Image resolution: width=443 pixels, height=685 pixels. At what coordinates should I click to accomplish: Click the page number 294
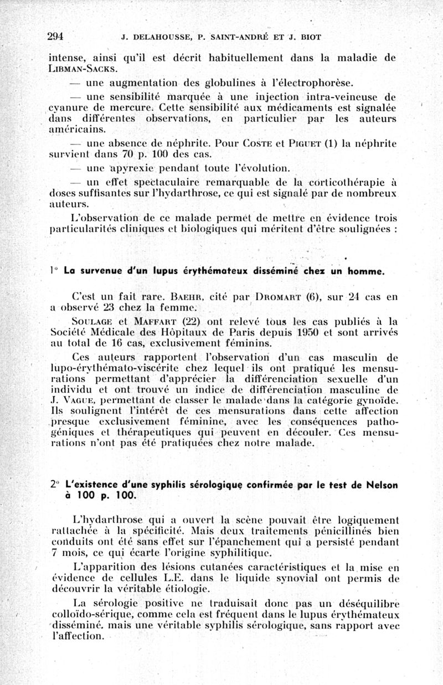click(x=56, y=37)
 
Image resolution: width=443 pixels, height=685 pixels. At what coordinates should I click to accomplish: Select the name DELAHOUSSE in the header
click(x=159, y=38)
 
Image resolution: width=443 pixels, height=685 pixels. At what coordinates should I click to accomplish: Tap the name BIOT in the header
click(x=310, y=38)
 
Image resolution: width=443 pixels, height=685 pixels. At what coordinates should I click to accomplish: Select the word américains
click(x=77, y=130)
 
